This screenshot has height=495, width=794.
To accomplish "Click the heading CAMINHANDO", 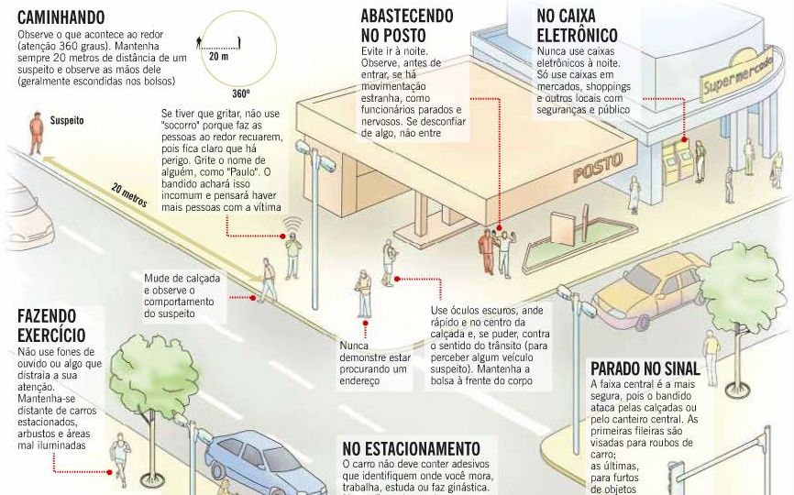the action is pyautogui.click(x=61, y=17).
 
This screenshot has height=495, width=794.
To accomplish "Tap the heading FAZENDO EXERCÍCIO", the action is pyautogui.click(x=51, y=325).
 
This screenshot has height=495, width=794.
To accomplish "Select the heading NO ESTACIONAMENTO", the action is pyautogui.click(x=412, y=448).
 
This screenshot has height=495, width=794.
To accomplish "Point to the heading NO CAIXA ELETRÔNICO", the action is pyautogui.click(x=575, y=27).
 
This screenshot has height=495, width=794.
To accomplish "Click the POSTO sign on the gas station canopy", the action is pyautogui.click(x=597, y=168).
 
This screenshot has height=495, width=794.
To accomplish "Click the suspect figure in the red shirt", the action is pyautogui.click(x=36, y=133).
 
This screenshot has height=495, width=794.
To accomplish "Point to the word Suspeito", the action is pyautogui.click(x=67, y=120).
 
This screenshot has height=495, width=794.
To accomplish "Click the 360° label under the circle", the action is pyautogui.click(x=241, y=93).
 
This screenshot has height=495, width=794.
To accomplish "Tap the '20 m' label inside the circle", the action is pyautogui.click(x=219, y=56).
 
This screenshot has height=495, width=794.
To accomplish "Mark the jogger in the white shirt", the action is pyautogui.click(x=119, y=458).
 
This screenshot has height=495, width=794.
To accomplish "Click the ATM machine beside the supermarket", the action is pyautogui.click(x=678, y=161).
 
